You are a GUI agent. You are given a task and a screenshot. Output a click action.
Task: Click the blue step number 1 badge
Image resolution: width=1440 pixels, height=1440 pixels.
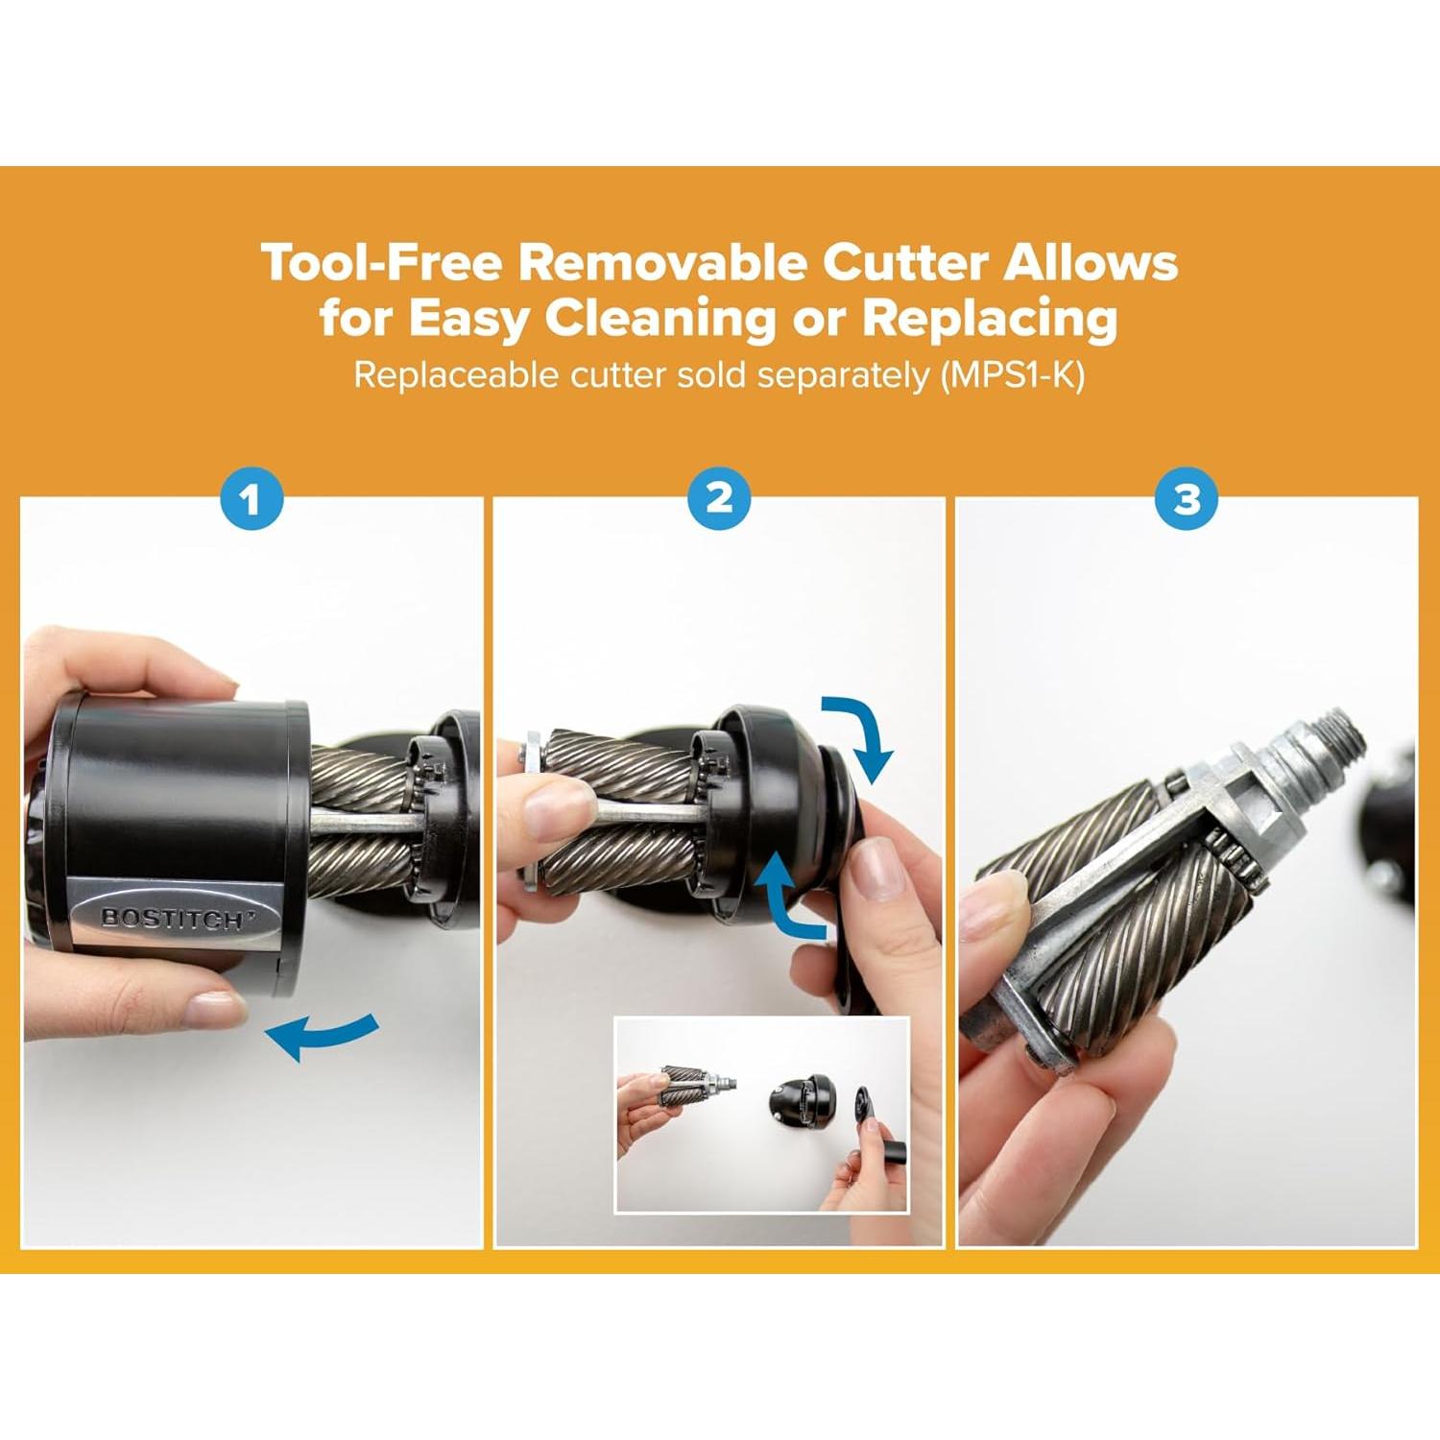pos(252,499)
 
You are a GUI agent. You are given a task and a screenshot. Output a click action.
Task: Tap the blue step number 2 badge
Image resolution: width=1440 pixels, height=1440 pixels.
pos(719,498)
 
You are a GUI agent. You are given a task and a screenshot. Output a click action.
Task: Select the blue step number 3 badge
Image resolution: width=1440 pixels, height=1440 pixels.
pos(1187,499)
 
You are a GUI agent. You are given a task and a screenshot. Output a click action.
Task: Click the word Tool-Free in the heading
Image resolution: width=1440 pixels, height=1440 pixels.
pos(381,262)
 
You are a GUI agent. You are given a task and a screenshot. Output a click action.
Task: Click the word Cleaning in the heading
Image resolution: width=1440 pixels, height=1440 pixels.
pos(660,318)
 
